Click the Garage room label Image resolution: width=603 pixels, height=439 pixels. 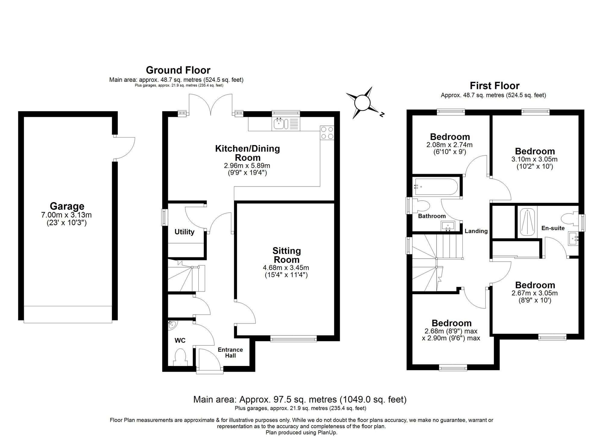[67, 206]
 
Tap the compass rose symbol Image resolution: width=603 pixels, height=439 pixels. [362, 103]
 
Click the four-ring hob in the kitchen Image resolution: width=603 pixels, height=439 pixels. [327, 133]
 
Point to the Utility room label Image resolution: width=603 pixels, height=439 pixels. [184, 232]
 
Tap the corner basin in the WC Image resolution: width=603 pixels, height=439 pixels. [172, 325]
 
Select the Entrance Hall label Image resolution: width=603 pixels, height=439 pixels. [230, 352]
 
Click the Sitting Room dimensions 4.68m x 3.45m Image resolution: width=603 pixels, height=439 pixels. [286, 268]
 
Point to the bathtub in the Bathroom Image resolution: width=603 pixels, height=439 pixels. [436, 187]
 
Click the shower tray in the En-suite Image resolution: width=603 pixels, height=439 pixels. [527, 222]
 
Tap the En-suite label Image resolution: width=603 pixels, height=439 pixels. [553, 228]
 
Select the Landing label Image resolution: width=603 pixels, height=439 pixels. [476, 231]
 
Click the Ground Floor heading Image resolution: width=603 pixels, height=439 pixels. [178, 70]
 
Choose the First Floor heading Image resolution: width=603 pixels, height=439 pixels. [494, 86]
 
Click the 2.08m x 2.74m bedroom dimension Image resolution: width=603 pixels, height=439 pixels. [449, 145]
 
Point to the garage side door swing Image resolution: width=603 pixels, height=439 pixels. [125, 148]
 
